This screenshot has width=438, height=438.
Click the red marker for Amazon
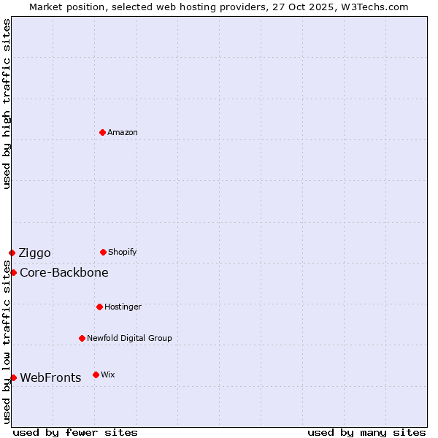tap(102, 132)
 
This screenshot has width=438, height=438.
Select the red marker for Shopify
tap(103, 252)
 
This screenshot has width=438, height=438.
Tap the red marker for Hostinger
tap(99, 307)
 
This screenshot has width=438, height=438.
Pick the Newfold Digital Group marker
tap(82, 338)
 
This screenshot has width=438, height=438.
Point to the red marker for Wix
tap(96, 374)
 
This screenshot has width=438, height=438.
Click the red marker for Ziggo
tap(12, 253)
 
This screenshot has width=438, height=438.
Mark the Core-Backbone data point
tap(13, 272)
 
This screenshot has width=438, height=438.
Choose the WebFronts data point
tap(13, 377)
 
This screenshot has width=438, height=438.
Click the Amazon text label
tap(123, 132)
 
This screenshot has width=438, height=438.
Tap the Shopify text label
tap(123, 252)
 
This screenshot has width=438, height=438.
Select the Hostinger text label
tap(123, 307)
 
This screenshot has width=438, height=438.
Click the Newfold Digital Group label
tap(129, 338)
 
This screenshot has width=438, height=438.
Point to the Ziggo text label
tap(34, 253)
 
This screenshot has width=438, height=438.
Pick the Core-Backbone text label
tap(64, 273)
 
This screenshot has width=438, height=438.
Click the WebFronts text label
tap(50, 378)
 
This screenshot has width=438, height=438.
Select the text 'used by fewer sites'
tap(75, 432)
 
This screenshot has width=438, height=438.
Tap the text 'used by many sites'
tap(366, 432)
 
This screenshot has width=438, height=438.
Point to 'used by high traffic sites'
tap(7, 104)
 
